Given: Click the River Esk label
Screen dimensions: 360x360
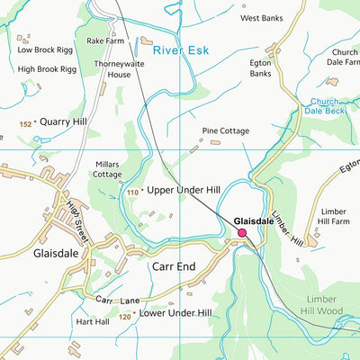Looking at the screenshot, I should coord(180,51).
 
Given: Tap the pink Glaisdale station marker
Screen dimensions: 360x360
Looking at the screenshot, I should coord(241,234).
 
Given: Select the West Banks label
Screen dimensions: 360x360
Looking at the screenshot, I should coord(261,18).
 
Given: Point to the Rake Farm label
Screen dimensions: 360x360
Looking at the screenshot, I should coord(105,41).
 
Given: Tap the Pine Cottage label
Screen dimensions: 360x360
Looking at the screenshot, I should coord(226,131).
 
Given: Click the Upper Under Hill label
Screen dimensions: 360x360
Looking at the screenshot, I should coord(183,192).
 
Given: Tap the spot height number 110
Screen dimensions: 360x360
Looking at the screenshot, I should coord(133,193).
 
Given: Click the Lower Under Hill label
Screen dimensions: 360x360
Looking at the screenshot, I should coord(176,313).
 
